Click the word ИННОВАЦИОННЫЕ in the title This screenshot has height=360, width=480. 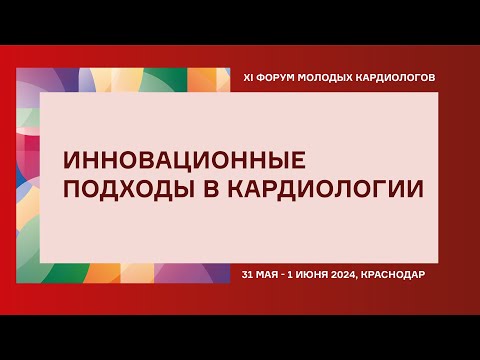pyautogui.click(x=181, y=161)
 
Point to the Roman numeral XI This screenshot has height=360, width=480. pyautogui.click(x=249, y=77)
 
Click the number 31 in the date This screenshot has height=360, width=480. pyautogui.click(x=249, y=273)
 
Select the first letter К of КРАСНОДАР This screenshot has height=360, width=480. pyautogui.click(x=372, y=273)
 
